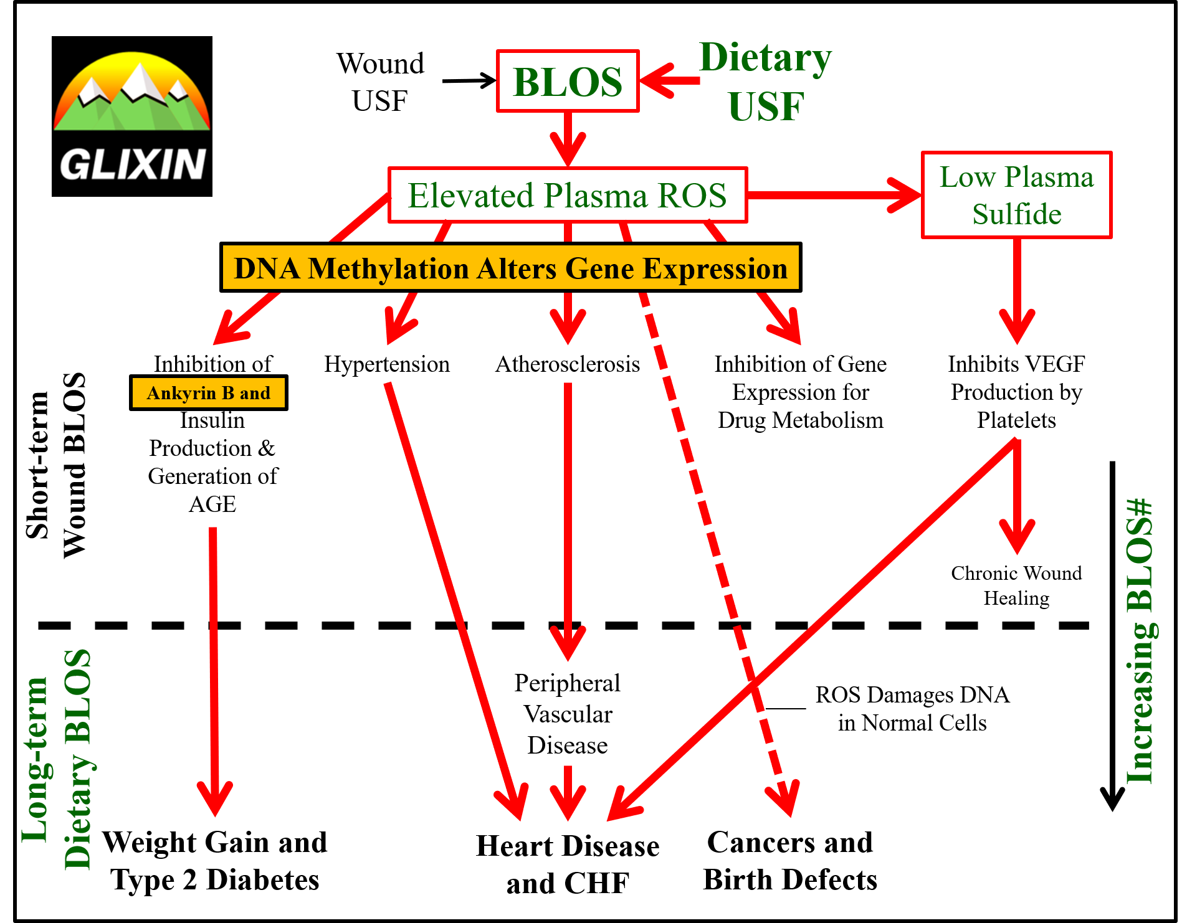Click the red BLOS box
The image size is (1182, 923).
568,82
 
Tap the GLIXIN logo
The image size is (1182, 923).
132,116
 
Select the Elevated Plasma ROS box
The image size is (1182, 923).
568,195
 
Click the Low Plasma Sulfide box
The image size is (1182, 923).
1016,195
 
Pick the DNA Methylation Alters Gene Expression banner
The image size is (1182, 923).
511,268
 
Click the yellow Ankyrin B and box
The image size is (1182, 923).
209,393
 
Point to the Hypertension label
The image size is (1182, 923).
387,364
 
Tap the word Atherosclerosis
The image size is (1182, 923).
568,364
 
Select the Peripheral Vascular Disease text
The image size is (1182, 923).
568,714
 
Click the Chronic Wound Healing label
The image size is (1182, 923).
1016,585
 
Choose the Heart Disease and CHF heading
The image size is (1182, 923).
568,864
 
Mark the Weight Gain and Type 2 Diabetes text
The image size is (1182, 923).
215,861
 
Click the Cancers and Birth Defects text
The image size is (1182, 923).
790,861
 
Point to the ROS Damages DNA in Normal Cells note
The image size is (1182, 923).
912,709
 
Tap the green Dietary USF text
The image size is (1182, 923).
766,82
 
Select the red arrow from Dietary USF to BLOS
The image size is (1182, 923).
670,80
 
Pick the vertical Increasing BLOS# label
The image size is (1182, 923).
1140,641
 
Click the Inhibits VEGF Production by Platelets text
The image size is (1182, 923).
1016,392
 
